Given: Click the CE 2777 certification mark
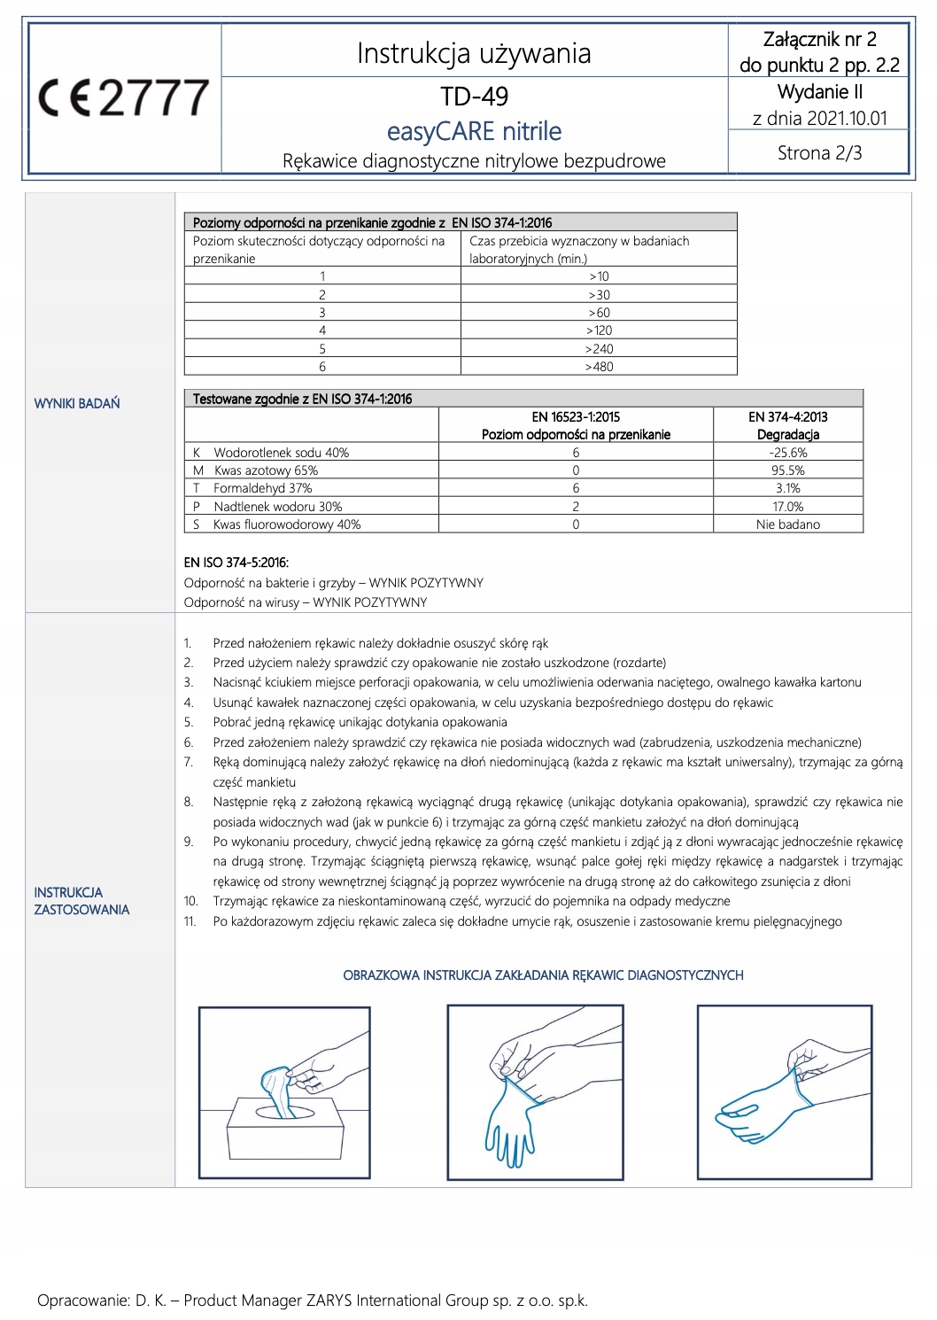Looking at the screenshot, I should coord(124,97).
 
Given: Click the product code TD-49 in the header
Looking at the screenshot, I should coord(474,96).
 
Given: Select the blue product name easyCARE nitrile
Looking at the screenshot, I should coord(474,131).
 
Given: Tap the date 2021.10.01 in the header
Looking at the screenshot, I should coord(844,118).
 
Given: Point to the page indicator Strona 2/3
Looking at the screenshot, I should coord(819,152).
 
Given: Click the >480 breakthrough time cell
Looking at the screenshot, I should coord(599,367).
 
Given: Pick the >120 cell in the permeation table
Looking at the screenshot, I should coord(599,330).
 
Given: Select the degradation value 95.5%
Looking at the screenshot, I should coord(787,470).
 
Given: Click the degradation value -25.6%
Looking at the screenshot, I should coord(787,453).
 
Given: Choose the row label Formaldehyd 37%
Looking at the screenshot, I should coord(262,488).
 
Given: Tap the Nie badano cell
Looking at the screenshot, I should coord(787,524).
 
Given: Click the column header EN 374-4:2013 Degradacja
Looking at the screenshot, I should coord(787,425).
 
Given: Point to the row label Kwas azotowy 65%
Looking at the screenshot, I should coord(265,470).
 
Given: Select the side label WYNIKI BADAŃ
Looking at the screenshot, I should coord(77,403).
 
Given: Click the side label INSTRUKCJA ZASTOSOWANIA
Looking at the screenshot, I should coord(81,901).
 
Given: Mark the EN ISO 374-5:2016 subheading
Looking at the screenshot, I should coord(236,562).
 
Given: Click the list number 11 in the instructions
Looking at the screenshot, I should coord(190,921).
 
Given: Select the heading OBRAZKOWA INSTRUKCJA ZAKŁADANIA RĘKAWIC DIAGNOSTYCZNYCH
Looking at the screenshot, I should coord(543,975).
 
